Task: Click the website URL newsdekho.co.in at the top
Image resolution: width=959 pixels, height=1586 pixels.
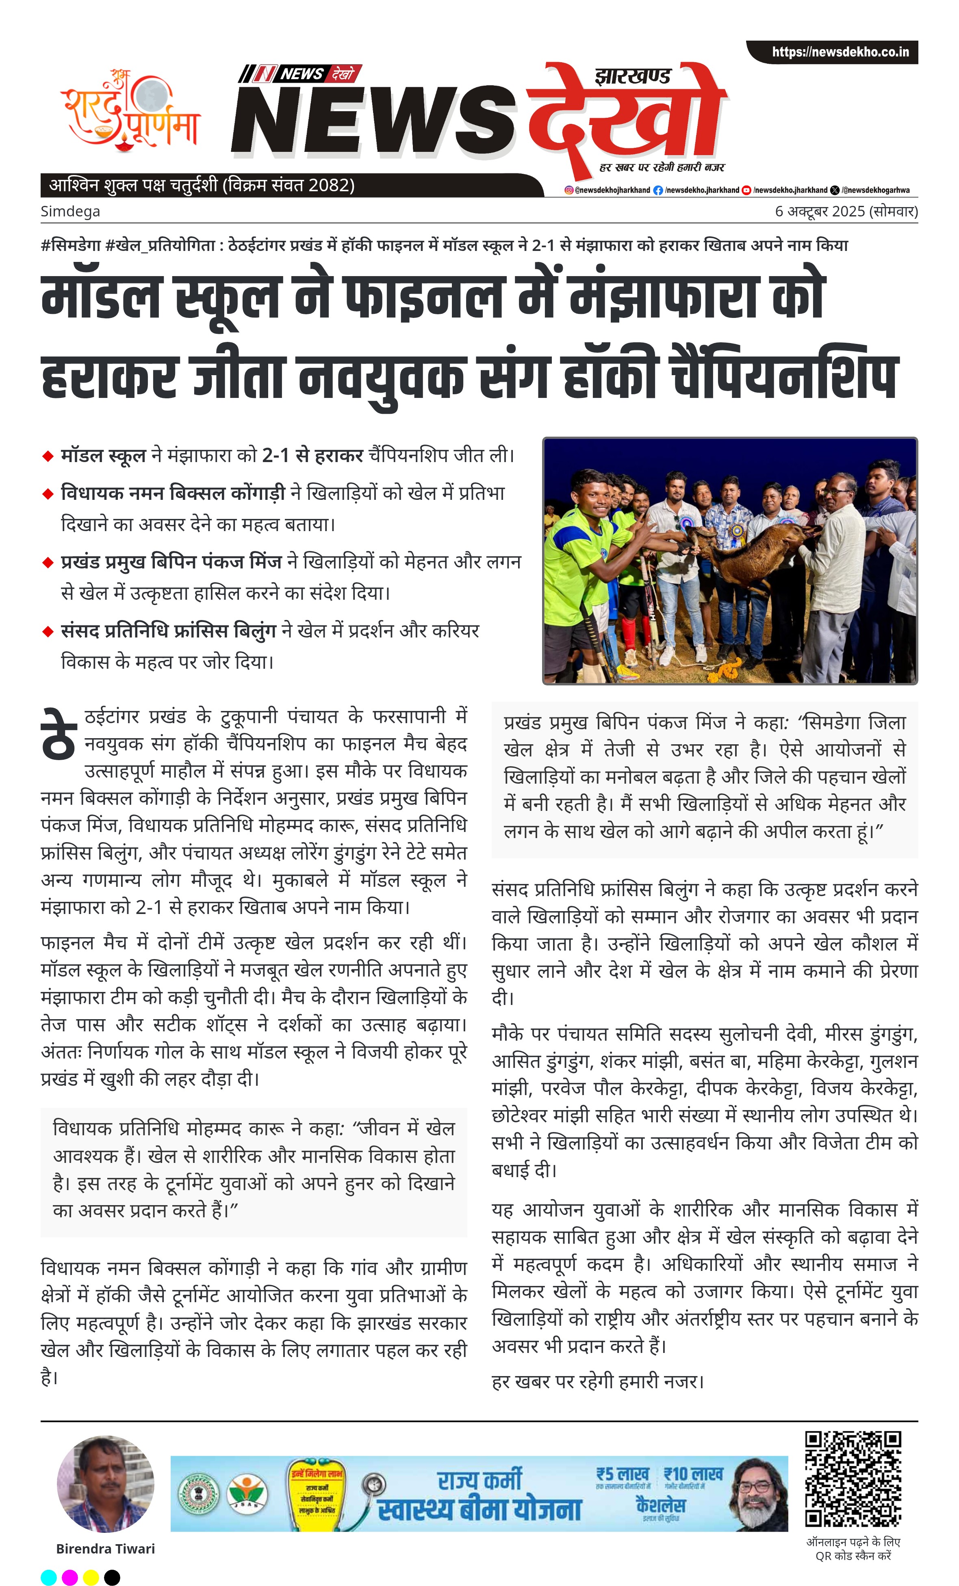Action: pyautogui.click(x=840, y=52)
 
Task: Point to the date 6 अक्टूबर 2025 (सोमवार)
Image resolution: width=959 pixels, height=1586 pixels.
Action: pyautogui.click(x=846, y=211)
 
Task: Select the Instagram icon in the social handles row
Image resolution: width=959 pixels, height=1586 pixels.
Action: pyautogui.click(x=569, y=190)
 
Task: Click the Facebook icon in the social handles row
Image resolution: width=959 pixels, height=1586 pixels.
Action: pyautogui.click(x=657, y=190)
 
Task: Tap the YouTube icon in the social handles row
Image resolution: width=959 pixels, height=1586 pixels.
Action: pyautogui.click(x=746, y=190)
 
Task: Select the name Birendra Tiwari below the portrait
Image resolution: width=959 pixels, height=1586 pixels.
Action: pyautogui.click(x=106, y=1549)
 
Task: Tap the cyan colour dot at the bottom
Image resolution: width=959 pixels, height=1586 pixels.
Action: pyautogui.click(x=49, y=1577)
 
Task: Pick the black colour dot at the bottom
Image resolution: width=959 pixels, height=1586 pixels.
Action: pyautogui.click(x=112, y=1577)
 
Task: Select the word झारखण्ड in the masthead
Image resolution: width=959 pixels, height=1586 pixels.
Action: pyautogui.click(x=633, y=77)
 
